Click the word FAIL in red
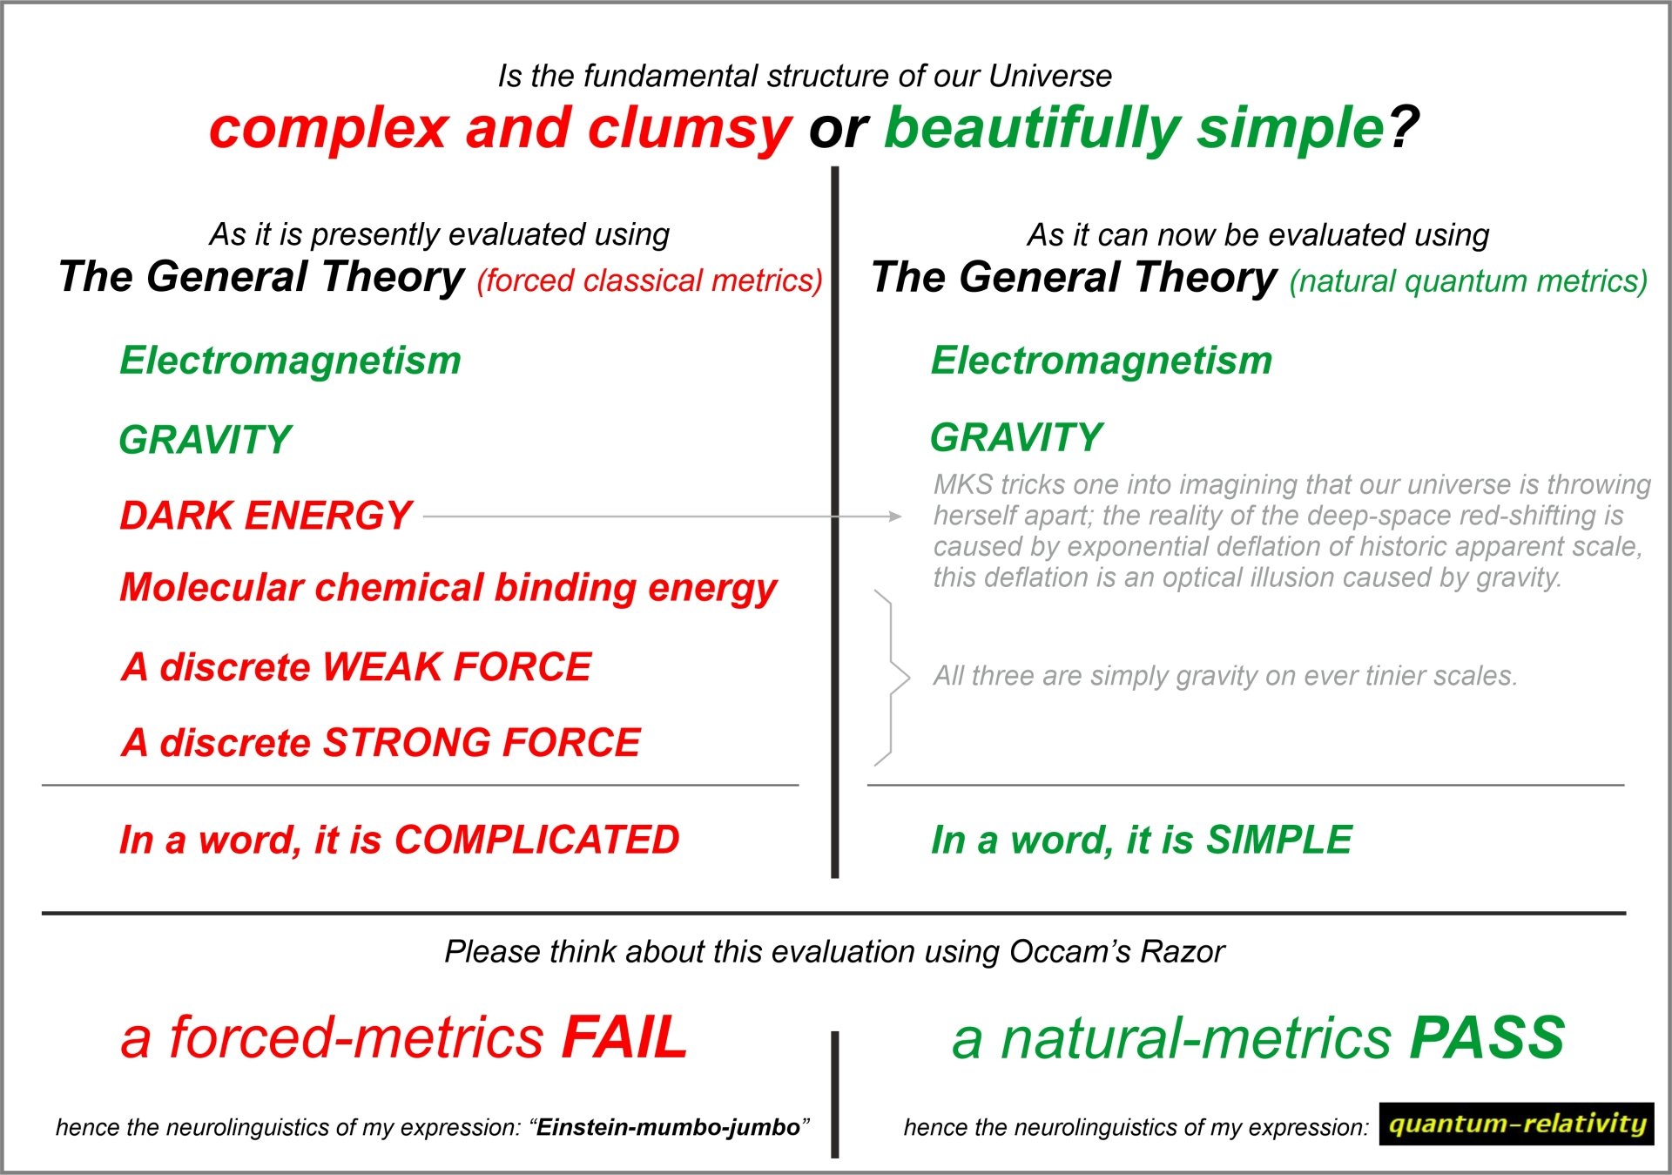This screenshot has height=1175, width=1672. pos(624,1037)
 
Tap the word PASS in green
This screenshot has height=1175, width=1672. pos(1487,1037)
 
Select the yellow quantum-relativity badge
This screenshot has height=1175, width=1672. pos(1516,1124)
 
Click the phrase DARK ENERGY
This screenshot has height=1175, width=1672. pos(266,516)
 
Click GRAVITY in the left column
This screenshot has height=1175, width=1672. pos(206,440)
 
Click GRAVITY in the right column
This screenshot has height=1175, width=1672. pos(1016,437)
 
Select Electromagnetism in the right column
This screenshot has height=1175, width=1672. pos(1102,361)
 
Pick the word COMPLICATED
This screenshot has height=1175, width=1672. pos(536,840)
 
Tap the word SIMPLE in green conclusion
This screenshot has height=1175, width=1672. pos(1278,840)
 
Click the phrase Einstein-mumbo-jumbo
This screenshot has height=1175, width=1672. pos(668,1127)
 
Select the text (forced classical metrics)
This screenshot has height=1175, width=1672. pos(649,280)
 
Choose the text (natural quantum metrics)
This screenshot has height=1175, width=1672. pos(1468,280)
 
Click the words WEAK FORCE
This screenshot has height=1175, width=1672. pos(456,667)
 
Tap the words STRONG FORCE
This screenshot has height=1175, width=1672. pos(482,743)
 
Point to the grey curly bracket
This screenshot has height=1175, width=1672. pos(893,678)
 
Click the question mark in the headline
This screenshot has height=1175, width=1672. pos(1403,127)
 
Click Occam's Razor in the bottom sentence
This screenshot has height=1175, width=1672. pos(1116,952)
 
